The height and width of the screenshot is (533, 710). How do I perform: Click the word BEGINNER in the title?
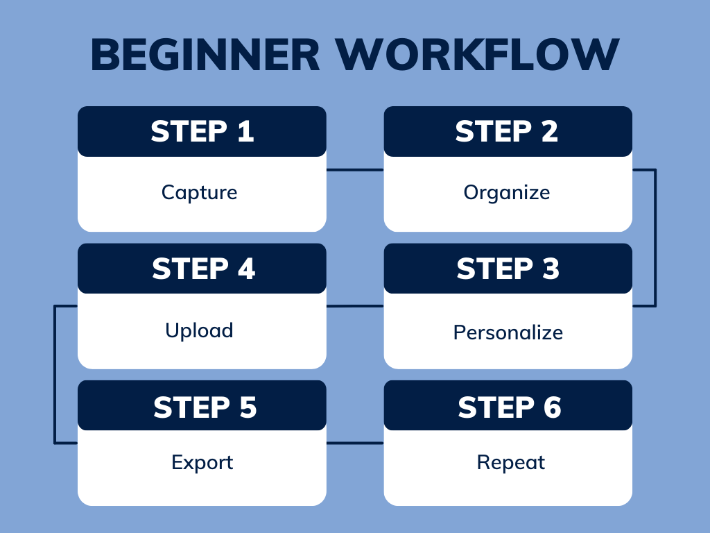click(205, 55)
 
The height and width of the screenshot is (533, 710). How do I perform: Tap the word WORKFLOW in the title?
click(478, 55)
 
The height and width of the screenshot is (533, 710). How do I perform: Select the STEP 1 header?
click(202, 131)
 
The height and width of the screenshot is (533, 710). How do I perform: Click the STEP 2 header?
click(508, 131)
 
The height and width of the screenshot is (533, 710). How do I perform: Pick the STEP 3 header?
click(508, 269)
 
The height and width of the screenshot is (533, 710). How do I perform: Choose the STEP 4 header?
click(202, 269)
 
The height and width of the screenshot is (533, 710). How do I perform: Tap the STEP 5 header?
click(202, 406)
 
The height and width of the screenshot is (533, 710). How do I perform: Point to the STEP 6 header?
click(508, 406)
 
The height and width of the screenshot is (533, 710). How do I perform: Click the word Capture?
click(200, 192)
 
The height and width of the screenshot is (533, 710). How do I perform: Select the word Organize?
click(507, 192)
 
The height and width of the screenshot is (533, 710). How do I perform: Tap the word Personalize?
click(508, 332)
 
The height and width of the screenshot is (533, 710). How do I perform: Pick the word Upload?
click(199, 330)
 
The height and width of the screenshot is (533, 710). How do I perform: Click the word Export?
click(202, 462)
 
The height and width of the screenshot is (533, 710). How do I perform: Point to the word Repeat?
click(511, 462)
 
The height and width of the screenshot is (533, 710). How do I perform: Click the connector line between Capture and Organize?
click(354, 169)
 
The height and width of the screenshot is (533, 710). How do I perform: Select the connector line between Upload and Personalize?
click(354, 305)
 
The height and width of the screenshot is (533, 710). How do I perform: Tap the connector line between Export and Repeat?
click(354, 443)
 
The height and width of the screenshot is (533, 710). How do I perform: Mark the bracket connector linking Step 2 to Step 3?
click(655, 237)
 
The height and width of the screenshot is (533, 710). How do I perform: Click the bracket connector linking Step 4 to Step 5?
click(55, 375)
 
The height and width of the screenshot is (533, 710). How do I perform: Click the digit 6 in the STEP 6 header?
click(552, 407)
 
